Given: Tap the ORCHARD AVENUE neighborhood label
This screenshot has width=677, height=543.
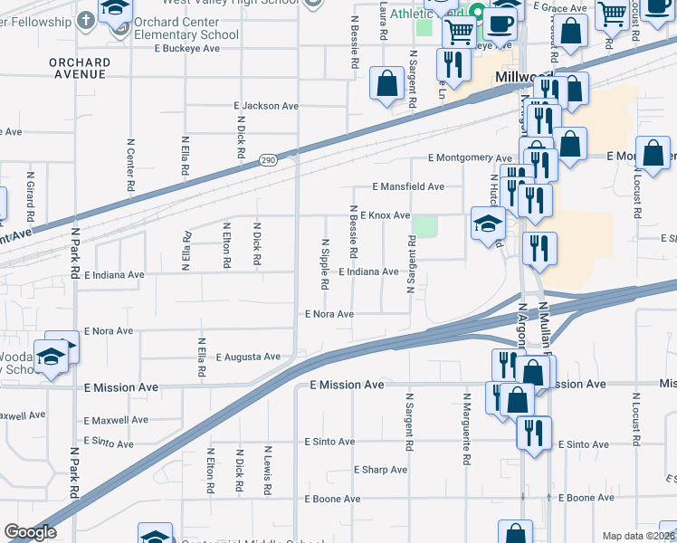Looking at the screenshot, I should coord(81,69).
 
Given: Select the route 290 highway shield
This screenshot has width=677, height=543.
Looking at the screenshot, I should coord(268,160).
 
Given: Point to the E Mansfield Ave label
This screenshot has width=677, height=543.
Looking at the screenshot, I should coord(408,186).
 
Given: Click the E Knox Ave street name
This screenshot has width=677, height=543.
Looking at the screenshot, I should coord(385,215).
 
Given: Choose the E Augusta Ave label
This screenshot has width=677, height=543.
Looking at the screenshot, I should coord(248,357).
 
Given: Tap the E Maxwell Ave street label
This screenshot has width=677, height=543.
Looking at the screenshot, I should coord(116,420).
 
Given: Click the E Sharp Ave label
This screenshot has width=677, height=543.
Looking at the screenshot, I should coord(384,470).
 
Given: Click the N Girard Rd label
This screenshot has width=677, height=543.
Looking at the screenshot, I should coord(31,196).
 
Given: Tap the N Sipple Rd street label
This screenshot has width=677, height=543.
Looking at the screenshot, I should coord(325,263).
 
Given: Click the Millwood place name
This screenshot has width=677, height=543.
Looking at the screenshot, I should coord(517,80).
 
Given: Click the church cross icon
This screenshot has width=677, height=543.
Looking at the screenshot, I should coord(85,20).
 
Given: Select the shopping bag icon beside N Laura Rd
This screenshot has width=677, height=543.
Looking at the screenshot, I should coord(386,85).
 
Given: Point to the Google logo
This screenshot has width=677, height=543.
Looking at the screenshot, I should coord(30,532).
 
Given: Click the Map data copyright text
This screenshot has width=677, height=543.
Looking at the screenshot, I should coord(638,536).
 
